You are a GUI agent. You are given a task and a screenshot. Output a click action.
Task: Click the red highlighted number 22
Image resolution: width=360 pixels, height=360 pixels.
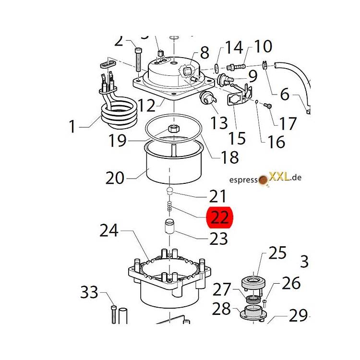(219, 217)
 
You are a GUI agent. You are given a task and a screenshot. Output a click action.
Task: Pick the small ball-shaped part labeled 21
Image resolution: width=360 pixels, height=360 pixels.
(169, 192)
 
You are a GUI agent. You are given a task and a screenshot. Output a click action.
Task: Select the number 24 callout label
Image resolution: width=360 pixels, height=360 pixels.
(109, 231)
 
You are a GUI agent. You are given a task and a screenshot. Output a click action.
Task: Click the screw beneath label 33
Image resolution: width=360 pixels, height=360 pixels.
(114, 314)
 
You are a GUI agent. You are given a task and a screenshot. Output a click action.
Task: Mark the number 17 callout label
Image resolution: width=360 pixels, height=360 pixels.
(288, 123)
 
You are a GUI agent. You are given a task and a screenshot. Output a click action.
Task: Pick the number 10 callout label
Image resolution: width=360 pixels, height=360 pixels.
(263, 47)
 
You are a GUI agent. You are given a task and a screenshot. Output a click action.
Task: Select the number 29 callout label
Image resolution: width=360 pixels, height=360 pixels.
(298, 315)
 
